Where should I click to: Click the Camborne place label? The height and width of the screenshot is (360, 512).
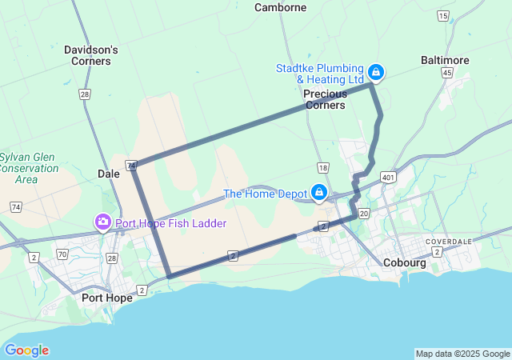280,7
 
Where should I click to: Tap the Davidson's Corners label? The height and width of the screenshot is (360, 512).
91,54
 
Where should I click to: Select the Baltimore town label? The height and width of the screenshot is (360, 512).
445,60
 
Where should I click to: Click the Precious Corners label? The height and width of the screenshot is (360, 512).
325,99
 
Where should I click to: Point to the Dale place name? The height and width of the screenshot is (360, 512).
108,173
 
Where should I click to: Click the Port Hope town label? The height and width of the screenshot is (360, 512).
107,298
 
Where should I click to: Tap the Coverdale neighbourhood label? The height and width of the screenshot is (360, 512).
448,241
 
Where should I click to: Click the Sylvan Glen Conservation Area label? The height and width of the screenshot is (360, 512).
29,168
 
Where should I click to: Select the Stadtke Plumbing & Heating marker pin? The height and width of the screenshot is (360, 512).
375,73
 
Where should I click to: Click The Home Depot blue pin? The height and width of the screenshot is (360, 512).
319,192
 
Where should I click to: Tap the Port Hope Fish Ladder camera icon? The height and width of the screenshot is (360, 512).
103,222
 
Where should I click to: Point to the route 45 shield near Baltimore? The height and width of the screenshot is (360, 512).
447,73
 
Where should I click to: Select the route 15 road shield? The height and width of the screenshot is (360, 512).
443,15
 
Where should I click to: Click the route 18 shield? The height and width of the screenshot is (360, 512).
322,167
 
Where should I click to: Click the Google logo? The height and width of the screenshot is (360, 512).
26,350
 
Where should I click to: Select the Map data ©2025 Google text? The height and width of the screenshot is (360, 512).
462,354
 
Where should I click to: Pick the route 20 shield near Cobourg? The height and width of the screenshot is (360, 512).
364,214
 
